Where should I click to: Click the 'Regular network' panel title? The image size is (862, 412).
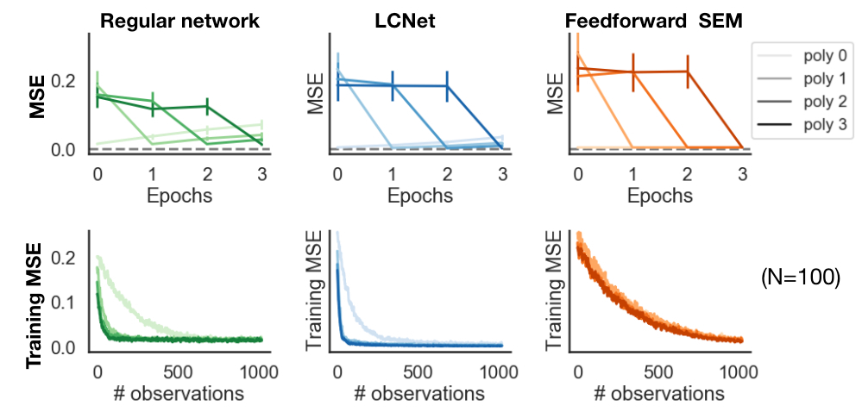pyautogui.click(x=179, y=22)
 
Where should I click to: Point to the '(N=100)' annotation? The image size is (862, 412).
pyautogui.click(x=801, y=278)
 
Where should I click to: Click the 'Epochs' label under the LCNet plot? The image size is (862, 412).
pyautogui.click(x=419, y=196)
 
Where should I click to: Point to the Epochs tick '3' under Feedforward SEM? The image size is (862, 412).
pyautogui.click(x=741, y=172)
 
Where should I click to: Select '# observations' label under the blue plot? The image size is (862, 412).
pyautogui.click(x=419, y=394)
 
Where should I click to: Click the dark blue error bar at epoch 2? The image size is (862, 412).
pyautogui.click(x=447, y=85)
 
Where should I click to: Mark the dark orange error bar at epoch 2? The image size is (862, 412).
pyautogui.click(x=688, y=71)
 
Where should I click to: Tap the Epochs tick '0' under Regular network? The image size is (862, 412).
pyautogui.click(x=98, y=172)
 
